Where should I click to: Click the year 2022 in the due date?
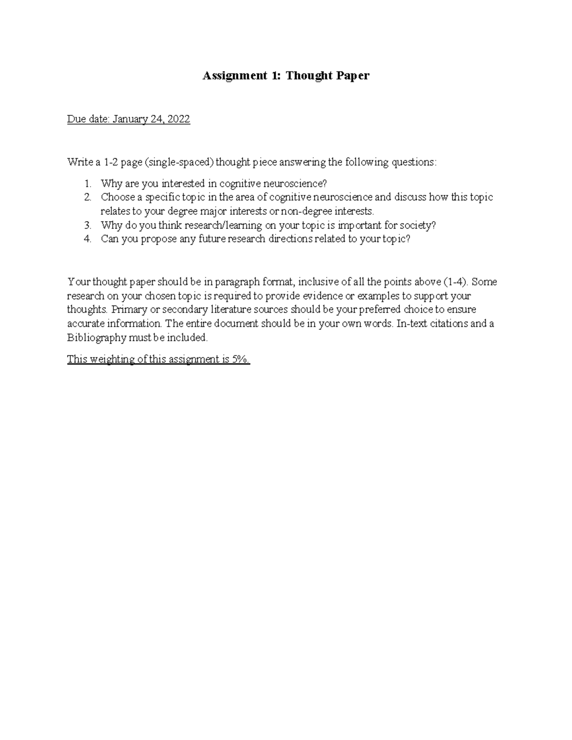click(178, 119)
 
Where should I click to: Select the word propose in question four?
click(159, 239)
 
